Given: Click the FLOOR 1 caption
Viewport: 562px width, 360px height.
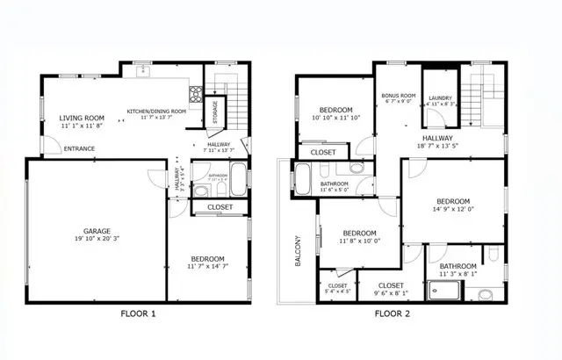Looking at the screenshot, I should pos(138,313).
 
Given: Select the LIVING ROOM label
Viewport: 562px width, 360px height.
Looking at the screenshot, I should pos(82,118).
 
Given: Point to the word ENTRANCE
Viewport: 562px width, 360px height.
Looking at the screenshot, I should pos(79,148).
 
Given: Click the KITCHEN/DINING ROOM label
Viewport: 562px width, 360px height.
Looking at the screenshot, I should pos(156,112).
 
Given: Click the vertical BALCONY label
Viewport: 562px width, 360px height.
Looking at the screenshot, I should pos(298,251).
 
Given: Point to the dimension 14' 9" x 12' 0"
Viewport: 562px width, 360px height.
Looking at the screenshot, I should pos(454,209).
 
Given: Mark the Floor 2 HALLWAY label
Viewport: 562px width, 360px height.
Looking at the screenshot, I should pos(437,138).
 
